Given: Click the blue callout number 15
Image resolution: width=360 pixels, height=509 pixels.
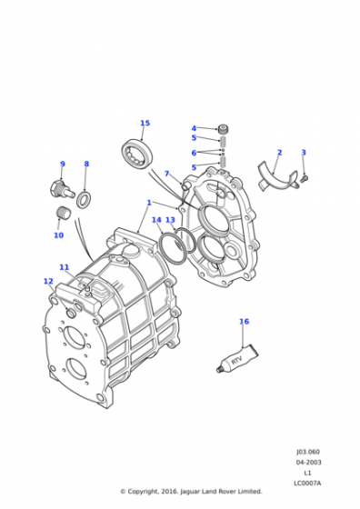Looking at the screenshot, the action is coord(145,123).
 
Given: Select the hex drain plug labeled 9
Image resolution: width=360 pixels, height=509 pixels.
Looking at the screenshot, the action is coord(63,190).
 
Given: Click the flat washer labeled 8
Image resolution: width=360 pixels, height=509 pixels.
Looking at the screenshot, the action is coord(84,200).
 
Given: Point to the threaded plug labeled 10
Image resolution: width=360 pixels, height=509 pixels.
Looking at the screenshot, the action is coord(63,213).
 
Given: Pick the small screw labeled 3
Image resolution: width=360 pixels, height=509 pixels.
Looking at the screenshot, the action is coord(305,178).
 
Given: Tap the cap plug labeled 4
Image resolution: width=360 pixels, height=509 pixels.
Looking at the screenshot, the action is coord(223,129).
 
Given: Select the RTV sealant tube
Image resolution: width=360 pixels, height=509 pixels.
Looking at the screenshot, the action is coord(237,358).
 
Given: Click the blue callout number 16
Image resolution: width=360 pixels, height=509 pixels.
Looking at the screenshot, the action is coord(245,322).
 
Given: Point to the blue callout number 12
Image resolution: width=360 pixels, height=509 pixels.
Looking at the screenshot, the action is coord(48,281).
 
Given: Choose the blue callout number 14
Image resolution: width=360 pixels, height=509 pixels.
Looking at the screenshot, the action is coord(156,220).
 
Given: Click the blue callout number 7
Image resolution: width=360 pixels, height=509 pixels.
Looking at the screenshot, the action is coord(167,174).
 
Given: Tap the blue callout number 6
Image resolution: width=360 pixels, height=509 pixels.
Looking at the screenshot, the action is coord(194,153).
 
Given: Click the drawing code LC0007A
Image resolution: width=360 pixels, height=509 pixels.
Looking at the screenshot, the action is coord(307,484).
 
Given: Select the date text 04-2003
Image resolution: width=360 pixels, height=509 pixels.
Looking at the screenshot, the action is coord(308,463).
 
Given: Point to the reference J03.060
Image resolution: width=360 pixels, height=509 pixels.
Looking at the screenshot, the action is coord(308,452).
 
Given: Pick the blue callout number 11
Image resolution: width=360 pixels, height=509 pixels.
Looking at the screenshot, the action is coord(64,267).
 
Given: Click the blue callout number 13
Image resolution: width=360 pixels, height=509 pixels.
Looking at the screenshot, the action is coord(170,220).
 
